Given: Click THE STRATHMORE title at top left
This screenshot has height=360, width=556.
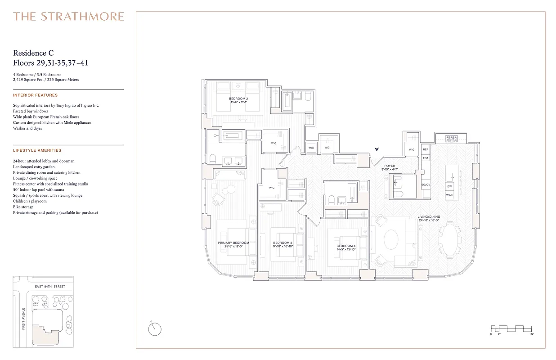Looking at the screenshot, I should pos(68,17).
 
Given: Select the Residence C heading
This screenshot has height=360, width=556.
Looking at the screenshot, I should pos(34,53).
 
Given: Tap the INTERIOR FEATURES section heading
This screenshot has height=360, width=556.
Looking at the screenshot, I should pos(36,95).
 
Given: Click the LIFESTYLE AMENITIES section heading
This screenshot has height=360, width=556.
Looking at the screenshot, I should pos(37,150).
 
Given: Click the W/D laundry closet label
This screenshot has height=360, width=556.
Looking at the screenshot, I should pos(311,148).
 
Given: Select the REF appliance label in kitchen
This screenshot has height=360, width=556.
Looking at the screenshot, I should pos(426,149).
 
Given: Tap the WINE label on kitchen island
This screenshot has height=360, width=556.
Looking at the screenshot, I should pos(449,195).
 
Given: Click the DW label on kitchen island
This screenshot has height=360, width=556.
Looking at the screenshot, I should pos(449,186).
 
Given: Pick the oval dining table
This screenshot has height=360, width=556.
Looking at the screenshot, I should pos(450,238).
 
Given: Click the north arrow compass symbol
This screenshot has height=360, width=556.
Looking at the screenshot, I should pos(154,329).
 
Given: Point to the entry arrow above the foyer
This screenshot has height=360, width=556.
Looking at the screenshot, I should pos(377,149).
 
